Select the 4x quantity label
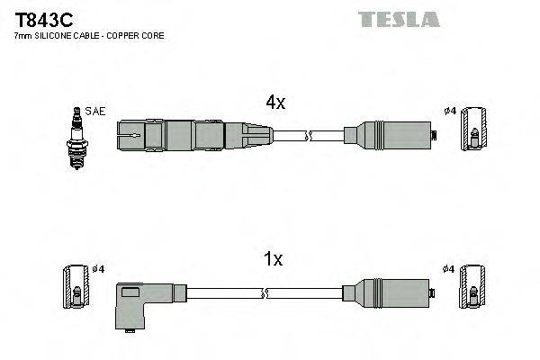point(274,103)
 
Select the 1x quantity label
point(273,260)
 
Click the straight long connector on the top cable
point(194,137)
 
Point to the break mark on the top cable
point(309,137)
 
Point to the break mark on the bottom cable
point(266,292)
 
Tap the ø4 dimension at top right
point(451,111)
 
